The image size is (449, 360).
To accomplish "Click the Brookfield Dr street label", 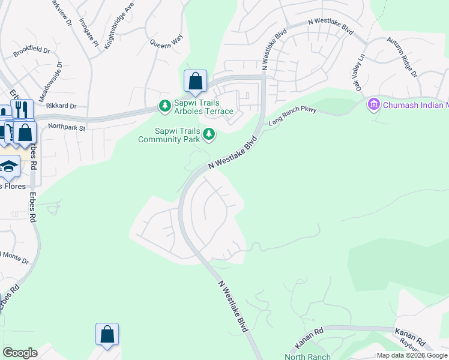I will click(32, 50).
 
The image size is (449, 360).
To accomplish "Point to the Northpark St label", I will click(67, 127).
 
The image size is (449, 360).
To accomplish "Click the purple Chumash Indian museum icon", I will click(373, 105).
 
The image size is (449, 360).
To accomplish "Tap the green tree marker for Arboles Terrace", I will click(164, 106).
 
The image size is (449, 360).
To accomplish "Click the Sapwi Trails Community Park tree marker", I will click(209, 134).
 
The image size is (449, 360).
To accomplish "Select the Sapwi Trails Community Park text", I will click(168, 135).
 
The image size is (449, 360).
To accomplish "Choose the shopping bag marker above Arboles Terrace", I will click(195, 81).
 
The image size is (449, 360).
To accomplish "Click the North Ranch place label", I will click(307, 356).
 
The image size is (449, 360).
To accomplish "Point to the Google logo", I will click(20, 353).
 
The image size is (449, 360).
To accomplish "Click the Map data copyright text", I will click(412, 355).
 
